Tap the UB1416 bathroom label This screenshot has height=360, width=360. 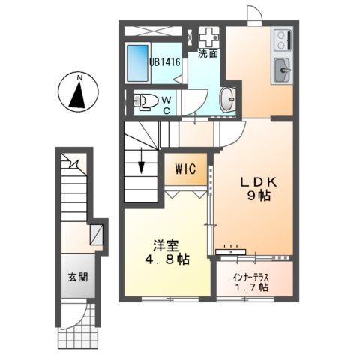163,62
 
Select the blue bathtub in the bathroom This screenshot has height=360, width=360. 138,65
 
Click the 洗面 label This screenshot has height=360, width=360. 208,54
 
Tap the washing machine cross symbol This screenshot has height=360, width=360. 208,36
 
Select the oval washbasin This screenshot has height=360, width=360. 226,99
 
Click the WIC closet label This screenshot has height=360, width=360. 187,169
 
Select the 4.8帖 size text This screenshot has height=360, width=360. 166,259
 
